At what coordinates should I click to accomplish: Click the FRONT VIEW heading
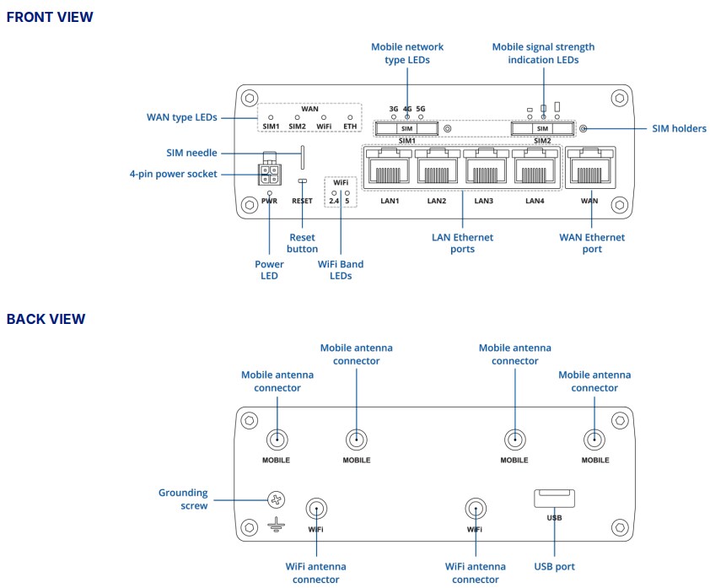click(50, 17)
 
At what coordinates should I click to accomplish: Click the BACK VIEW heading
click(46, 319)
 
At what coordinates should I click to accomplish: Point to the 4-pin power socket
click(269, 174)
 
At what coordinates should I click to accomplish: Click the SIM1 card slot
click(407, 128)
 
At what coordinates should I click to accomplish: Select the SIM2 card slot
click(542, 128)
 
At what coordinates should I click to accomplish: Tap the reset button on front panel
click(302, 181)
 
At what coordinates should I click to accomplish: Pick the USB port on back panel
click(553, 499)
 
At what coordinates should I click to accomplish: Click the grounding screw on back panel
click(276, 500)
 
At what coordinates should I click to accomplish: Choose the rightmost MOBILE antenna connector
click(594, 439)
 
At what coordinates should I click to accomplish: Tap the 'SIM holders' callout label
click(679, 129)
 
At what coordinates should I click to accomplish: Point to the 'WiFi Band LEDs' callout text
click(341, 270)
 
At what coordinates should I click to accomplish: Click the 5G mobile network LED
click(421, 117)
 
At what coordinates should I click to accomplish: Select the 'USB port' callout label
click(554, 567)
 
